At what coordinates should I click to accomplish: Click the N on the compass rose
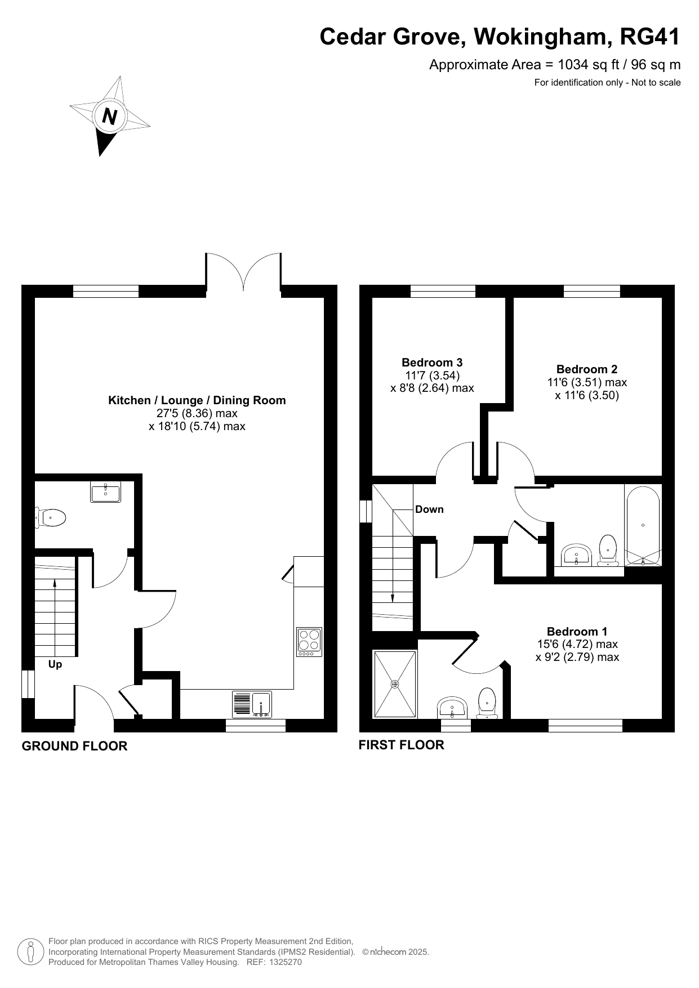(x=109, y=117)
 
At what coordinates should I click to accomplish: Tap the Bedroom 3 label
(x=432, y=363)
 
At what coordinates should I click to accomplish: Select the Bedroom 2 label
(x=587, y=369)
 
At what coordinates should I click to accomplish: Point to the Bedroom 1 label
(x=577, y=632)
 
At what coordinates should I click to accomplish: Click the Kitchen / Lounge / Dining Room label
(x=197, y=400)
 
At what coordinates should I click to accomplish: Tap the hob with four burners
(x=309, y=642)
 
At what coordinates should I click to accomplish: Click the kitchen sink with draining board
(x=252, y=704)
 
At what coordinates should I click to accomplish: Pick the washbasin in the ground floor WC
(x=105, y=491)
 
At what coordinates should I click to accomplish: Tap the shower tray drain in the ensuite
(x=395, y=685)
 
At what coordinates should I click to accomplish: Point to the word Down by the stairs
(x=429, y=509)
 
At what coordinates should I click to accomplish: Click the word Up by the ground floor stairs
(x=55, y=665)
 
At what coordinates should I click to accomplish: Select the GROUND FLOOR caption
(x=74, y=746)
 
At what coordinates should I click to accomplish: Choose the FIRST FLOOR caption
(x=402, y=745)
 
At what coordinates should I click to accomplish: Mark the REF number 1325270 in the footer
(x=286, y=962)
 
